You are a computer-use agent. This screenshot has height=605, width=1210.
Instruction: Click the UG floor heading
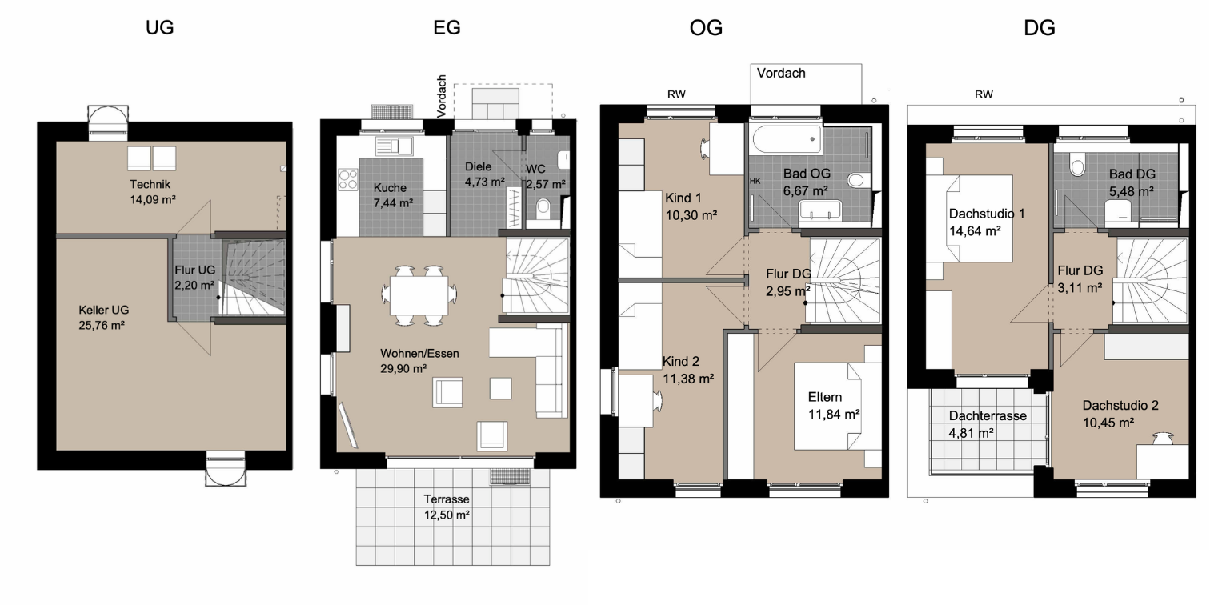160,27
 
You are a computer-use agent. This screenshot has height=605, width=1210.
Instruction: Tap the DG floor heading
1040,27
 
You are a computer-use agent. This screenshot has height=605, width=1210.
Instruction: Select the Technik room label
150,184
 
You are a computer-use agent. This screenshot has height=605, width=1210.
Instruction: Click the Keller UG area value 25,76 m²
102,325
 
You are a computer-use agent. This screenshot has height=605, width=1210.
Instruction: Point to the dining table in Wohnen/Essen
419,295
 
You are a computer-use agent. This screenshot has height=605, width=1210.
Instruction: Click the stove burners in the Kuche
348,179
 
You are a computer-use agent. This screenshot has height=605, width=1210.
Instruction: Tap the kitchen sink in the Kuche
395,146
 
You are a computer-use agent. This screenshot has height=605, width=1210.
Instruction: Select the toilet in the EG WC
543,209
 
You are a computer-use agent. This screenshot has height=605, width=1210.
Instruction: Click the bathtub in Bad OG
787,138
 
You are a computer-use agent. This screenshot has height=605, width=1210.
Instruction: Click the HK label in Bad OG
755,181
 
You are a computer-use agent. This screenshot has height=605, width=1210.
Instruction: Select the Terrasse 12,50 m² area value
447,515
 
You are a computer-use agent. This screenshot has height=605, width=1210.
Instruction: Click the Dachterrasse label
988,416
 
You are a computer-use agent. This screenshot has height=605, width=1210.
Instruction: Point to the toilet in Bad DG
1077,164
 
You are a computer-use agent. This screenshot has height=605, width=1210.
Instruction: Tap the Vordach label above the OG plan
781,73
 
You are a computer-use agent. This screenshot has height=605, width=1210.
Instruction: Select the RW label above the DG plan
984,94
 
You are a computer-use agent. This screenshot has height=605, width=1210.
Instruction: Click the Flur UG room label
195,270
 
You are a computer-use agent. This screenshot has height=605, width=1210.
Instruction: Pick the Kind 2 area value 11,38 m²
688,379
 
